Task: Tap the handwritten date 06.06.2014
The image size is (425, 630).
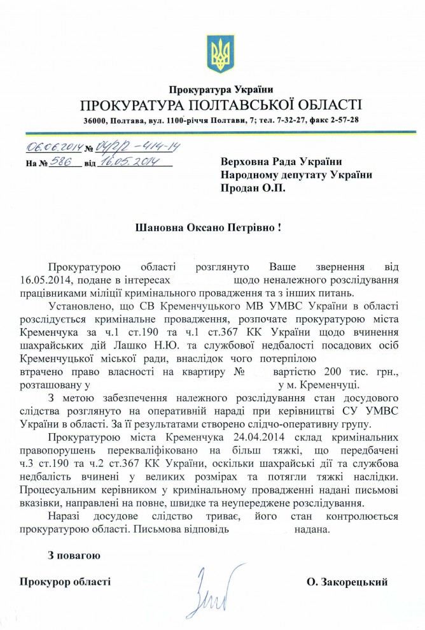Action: point(55,148)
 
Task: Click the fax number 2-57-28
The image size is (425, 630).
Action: point(342,120)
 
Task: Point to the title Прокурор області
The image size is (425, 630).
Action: point(65,581)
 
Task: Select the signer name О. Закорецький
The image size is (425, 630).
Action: point(347,581)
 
